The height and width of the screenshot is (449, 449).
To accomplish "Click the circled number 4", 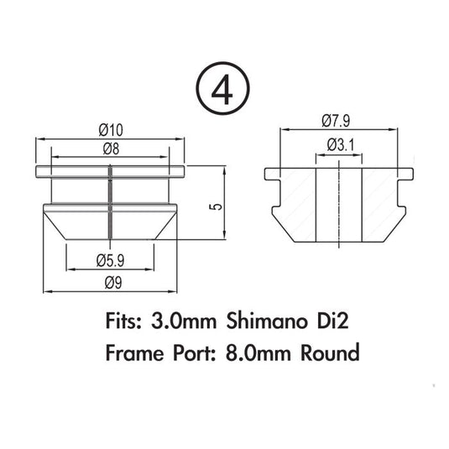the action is point(222,88).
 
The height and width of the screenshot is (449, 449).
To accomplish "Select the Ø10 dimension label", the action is point(111,130).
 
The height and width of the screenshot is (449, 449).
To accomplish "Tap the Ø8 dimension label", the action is point(111,149).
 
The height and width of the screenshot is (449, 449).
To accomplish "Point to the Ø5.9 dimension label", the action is point(110,261).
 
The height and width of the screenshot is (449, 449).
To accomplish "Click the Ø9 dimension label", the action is point(113,283).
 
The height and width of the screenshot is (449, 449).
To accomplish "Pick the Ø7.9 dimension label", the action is point(336,121).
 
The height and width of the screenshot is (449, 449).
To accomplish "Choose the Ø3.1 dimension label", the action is point(341,145).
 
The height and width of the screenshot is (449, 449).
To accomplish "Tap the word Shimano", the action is point(266,321).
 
